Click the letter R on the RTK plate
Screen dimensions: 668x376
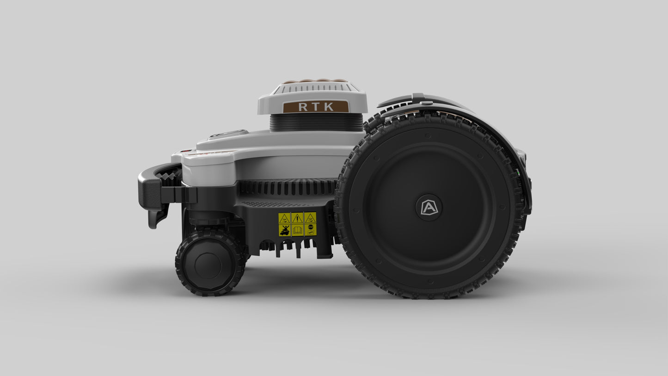tap(303, 107)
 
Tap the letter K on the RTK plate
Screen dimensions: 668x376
tap(329, 107)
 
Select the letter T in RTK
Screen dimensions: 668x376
tap(316, 107)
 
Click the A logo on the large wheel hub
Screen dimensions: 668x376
tap(429, 207)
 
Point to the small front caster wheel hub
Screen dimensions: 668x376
tap(208, 265)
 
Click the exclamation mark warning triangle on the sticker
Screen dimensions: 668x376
tap(298, 218)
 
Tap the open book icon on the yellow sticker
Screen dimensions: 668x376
tap(297, 230)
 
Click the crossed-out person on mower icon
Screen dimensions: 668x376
tap(285, 230)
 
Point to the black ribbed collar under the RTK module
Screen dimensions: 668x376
tap(316, 123)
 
